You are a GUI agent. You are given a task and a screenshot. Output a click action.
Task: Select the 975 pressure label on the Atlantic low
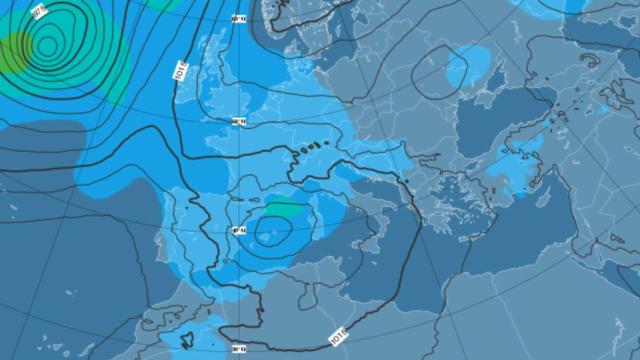pyautogui.click(x=37, y=12)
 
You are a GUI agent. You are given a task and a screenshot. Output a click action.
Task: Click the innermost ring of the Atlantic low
pyautogui.click(x=46, y=44)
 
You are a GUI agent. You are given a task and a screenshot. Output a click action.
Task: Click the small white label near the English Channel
pyautogui.click(x=239, y=122)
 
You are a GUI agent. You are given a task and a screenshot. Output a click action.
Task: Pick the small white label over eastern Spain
pyautogui.click(x=239, y=230)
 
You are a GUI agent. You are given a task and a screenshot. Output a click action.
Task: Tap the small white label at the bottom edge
pyautogui.click(x=239, y=348)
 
